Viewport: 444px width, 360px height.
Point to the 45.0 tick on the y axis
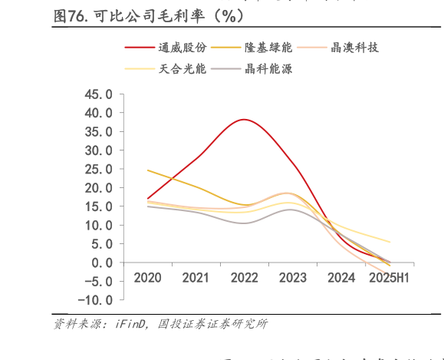[98, 94]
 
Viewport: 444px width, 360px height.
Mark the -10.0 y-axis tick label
[95, 300]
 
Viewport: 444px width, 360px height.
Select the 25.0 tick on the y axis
[98, 169]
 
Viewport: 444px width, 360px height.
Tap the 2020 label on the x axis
[148, 278]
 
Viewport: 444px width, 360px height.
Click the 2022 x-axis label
[245, 278]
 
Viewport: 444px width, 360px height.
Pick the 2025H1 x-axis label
[389, 278]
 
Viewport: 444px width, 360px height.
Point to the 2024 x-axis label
[341, 278]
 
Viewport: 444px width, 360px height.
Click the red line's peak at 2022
[245, 119]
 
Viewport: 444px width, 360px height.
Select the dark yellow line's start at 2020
[148, 170]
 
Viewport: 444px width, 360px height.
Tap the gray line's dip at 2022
[245, 223]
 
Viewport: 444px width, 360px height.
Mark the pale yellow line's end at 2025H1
[390, 243]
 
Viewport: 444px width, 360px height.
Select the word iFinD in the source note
[132, 324]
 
